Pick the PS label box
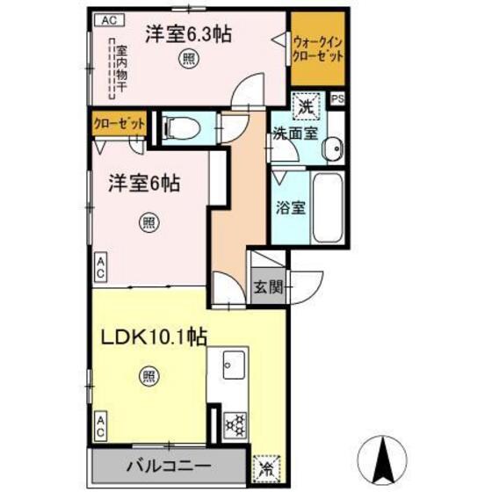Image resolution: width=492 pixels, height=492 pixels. [x=338, y=99]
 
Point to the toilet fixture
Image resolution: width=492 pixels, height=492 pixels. [x=179, y=128]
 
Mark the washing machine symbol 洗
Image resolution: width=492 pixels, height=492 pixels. [x=307, y=107]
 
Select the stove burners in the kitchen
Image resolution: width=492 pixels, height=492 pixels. [x=236, y=426]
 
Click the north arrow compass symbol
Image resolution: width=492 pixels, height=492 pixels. [x=384, y=454]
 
